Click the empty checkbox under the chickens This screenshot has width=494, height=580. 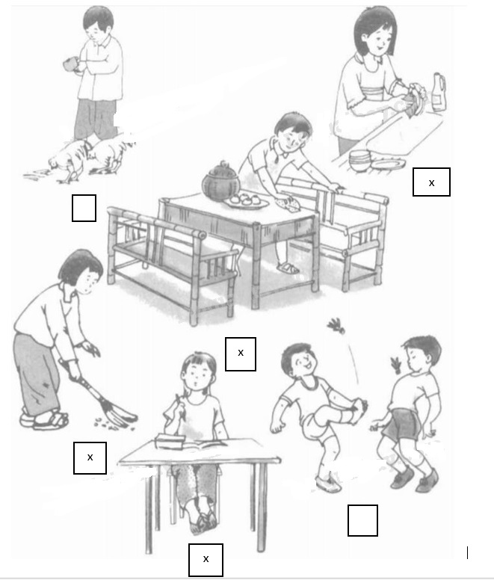tap(84, 208)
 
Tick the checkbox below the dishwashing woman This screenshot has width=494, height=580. tap(431, 182)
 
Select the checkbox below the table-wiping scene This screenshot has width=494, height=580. tap(241, 354)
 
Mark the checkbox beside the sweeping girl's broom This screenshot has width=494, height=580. tap(90, 457)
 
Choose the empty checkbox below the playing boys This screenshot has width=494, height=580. tap(362, 520)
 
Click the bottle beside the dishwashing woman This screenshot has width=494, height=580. tap(439, 92)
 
